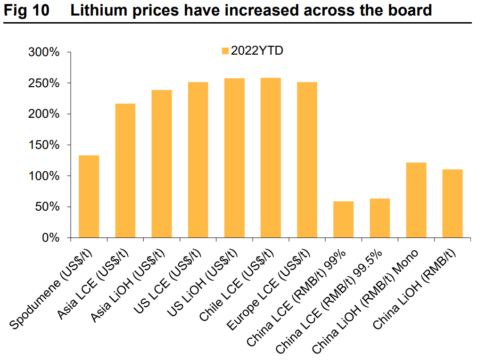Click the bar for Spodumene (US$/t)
[89, 196]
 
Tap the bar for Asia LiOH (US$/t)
[161, 164]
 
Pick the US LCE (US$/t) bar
[198, 160]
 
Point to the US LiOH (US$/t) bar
[234, 158]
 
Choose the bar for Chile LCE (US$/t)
[271, 158]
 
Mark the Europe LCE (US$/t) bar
[307, 160]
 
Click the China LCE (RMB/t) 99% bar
[343, 220]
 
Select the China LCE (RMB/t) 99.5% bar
[379, 218]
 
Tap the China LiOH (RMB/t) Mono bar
[416, 200]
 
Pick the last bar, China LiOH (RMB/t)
[452, 204]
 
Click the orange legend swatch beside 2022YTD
[225, 51]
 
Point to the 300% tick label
[44, 52]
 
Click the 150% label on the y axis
[44, 145]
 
